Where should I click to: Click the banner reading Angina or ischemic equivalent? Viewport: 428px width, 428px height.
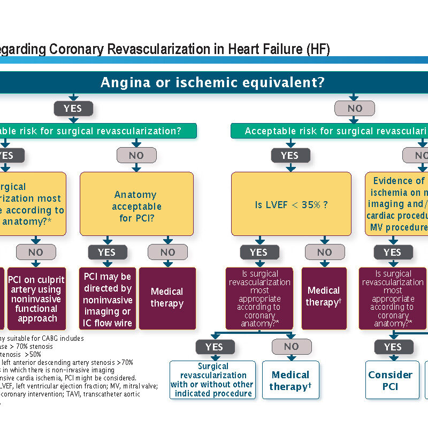click(x=213, y=82)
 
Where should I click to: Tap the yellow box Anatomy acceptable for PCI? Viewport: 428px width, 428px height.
click(x=137, y=207)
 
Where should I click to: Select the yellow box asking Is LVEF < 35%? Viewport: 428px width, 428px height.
click(x=291, y=204)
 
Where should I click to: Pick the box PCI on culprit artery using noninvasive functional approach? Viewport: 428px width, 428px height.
click(x=37, y=299)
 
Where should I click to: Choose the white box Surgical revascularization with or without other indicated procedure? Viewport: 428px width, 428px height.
click(x=213, y=380)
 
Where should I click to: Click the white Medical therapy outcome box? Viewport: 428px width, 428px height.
click(x=290, y=380)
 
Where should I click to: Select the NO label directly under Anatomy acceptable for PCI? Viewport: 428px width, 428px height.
click(x=167, y=253)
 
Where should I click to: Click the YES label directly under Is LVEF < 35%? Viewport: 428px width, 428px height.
click(x=258, y=253)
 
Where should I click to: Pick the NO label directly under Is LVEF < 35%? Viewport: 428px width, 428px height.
click(x=324, y=253)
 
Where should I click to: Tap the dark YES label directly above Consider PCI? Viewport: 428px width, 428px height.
click(x=392, y=347)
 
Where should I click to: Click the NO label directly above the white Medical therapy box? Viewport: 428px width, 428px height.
click(x=291, y=347)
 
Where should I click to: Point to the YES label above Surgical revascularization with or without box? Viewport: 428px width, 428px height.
click(x=214, y=347)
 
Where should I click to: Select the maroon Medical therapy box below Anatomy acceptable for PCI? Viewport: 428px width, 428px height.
click(x=167, y=299)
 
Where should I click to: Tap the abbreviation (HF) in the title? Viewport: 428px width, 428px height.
click(x=318, y=50)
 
